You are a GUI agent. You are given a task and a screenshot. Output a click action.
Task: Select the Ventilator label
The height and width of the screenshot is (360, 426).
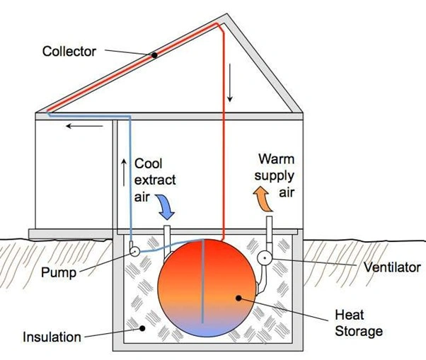(x=391, y=267)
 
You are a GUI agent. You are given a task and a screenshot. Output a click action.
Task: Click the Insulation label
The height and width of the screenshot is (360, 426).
(x=52, y=337)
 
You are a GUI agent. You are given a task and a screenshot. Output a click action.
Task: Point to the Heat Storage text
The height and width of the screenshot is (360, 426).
(x=359, y=324)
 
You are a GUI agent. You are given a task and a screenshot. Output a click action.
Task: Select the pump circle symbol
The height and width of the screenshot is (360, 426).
(x=133, y=251)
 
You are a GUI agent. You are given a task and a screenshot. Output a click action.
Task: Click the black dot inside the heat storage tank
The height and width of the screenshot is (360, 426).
(x=238, y=298)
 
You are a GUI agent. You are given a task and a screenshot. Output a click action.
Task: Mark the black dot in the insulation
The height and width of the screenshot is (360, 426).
(x=142, y=327)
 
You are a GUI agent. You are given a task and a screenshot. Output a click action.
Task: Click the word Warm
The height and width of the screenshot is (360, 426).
(x=275, y=158)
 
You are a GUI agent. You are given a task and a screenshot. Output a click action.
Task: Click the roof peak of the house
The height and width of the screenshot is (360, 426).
(x=226, y=15)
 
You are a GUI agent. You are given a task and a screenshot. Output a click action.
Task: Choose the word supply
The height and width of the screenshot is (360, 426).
(x=276, y=175)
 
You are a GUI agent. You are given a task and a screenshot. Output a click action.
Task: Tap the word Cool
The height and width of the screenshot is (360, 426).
(x=148, y=163)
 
